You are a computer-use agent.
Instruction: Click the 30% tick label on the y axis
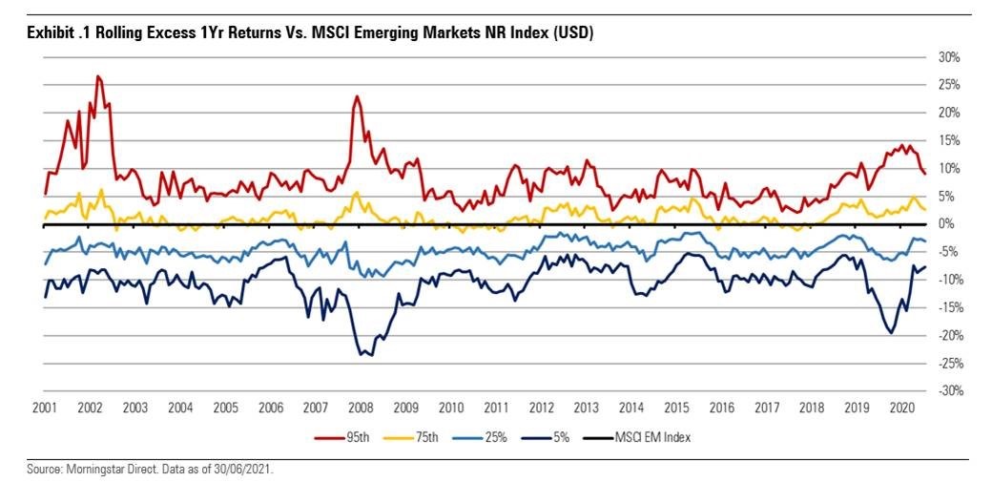tap(950, 56)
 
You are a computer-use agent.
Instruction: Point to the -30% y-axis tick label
tap(948, 391)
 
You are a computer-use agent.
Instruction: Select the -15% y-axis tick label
tap(948, 307)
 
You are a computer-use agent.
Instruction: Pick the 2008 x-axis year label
tap(361, 408)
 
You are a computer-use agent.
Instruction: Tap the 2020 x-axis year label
tap(902, 408)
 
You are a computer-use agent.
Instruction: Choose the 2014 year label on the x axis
tap(631, 408)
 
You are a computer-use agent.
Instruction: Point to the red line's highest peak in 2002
tap(98, 76)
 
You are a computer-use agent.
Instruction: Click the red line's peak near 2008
tap(356, 96)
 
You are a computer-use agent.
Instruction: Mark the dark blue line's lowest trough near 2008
tap(363, 355)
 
